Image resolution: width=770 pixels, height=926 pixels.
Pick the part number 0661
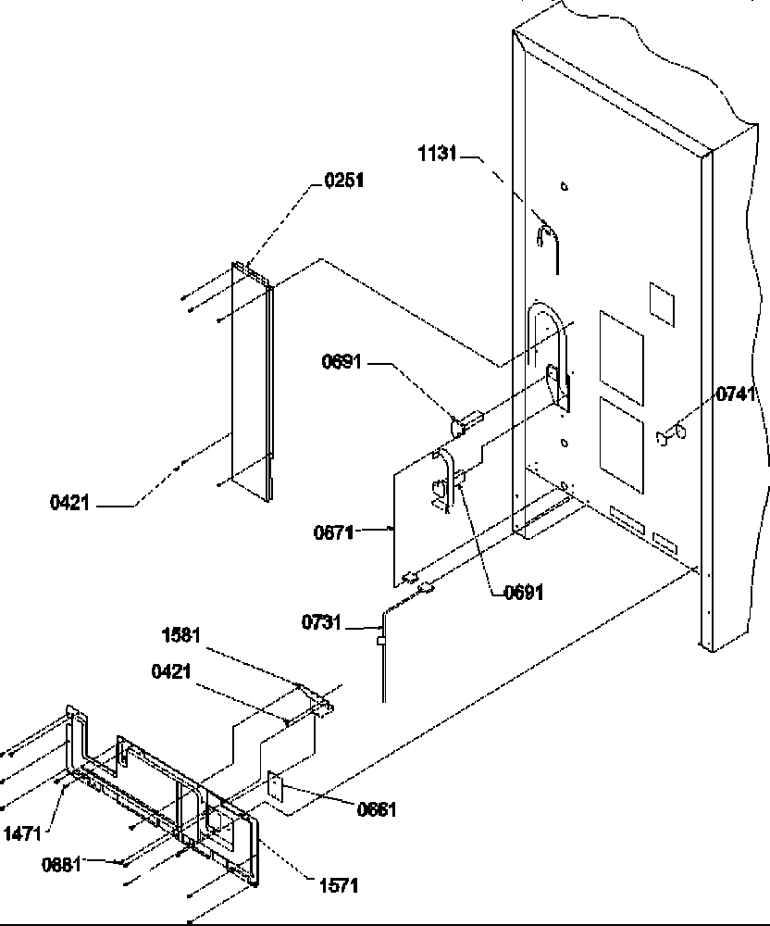pos(377,810)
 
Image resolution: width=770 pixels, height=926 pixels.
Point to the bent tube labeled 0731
pos(381,653)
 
